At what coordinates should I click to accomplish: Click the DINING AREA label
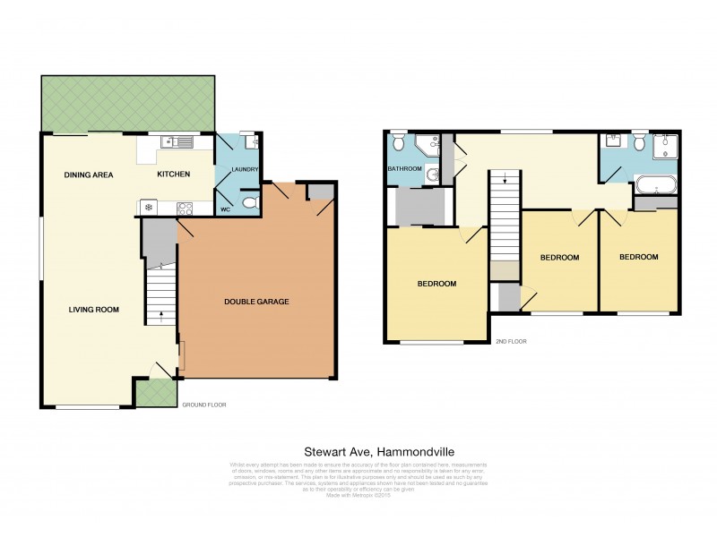[89, 175]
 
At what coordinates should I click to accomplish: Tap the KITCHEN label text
[174, 174]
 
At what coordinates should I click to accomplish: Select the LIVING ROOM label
[94, 310]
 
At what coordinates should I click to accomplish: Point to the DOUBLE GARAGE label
[256, 302]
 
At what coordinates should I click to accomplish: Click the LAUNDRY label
[245, 169]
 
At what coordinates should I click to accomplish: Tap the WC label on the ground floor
[226, 210]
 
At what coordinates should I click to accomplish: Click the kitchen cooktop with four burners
[186, 209]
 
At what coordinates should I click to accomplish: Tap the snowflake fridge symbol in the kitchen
[149, 209]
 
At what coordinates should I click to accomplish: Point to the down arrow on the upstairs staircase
[505, 180]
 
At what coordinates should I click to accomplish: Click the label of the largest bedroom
[437, 284]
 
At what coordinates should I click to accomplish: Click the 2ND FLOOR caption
[512, 342]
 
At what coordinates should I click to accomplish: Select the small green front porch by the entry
[155, 393]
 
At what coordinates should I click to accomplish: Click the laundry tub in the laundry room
[250, 142]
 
